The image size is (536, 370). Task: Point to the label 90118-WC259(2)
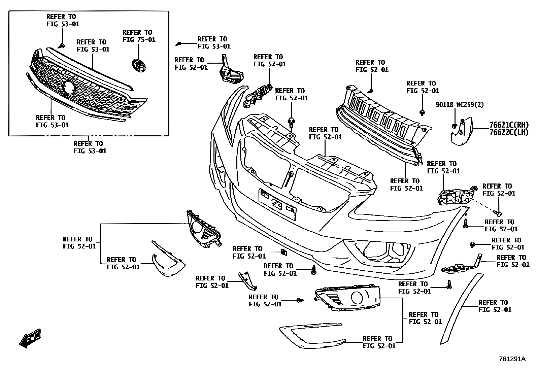460,105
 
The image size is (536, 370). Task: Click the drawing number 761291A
512,359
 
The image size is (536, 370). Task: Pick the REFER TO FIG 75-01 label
139,36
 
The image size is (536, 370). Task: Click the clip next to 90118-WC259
454,126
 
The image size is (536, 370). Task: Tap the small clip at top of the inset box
62,45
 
